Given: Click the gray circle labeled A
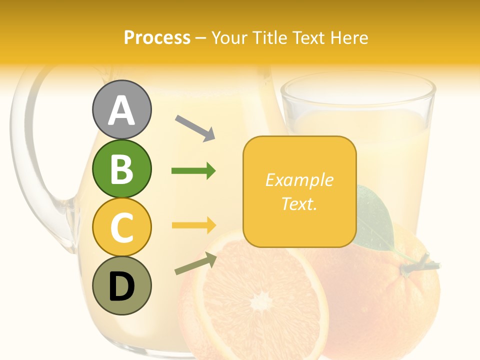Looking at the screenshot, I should pos(122,109).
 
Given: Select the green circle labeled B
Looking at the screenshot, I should pos(122,168).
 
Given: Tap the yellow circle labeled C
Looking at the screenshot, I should pos(122,227).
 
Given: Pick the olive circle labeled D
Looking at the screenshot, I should pos(122,285).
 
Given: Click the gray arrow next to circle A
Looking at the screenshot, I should pos(195,128).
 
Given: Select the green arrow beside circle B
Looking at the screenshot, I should pos(193,171).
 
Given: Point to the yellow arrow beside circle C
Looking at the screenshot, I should pos(193,225).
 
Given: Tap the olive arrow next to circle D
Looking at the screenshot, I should pos(195,263).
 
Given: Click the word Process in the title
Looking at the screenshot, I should pos(157,37).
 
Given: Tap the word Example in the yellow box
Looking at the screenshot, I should pos(299,180).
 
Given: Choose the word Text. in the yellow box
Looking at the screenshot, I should pos(299,203).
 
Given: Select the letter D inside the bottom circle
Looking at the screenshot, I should pos(122,286).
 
